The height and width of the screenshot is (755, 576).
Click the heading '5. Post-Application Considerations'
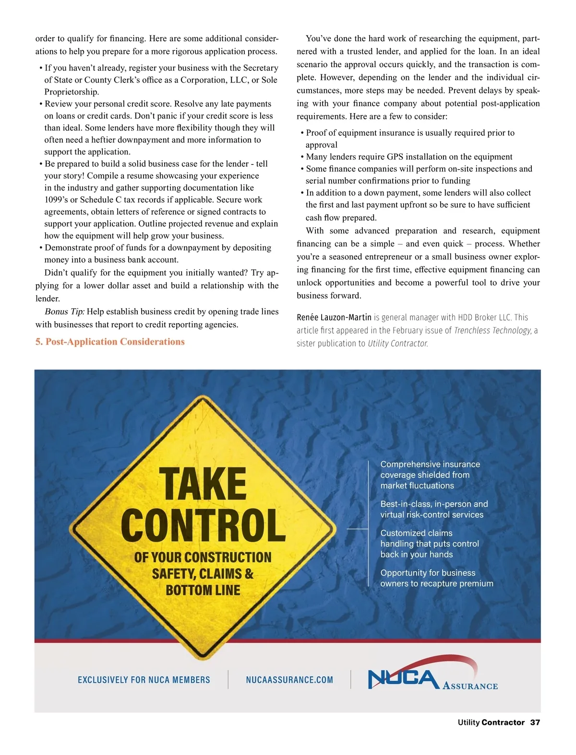(110, 342)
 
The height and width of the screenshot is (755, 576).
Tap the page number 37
(535, 722)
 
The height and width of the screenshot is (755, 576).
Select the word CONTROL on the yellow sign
(204, 526)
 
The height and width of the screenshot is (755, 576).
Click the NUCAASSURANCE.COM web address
(289, 680)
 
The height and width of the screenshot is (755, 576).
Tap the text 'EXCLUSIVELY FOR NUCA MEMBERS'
(144, 680)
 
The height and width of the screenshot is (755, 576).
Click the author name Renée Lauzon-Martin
(334, 317)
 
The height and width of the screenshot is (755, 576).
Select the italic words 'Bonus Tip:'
(65, 312)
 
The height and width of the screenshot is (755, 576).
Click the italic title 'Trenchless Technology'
(492, 330)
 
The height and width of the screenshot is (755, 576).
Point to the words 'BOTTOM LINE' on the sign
(203, 590)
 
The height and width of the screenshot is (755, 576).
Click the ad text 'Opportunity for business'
(428, 573)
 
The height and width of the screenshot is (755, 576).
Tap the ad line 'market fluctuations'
(417, 486)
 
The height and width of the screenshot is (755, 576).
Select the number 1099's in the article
(56, 200)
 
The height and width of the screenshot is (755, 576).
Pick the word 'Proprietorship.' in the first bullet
(72, 92)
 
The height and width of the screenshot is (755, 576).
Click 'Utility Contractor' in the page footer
(491, 722)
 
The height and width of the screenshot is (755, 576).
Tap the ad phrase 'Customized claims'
(416, 533)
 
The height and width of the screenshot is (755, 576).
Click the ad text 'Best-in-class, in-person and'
(434, 504)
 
